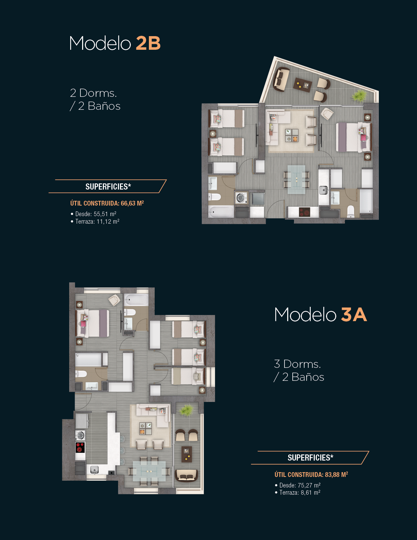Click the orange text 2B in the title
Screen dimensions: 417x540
(148, 43)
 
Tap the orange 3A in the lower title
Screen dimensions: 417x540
(354, 315)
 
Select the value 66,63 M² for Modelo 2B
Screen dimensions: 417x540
(133, 203)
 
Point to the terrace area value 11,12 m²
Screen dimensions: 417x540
(108, 221)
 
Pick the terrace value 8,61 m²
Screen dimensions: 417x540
(310, 493)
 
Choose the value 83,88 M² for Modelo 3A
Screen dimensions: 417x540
(336, 475)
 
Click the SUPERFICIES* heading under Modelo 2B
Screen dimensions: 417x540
(108, 186)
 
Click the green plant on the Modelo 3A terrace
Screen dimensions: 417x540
(186, 410)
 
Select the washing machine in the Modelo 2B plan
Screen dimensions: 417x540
(241, 198)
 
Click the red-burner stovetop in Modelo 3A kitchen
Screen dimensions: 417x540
(80, 447)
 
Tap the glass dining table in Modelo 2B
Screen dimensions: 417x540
(296, 179)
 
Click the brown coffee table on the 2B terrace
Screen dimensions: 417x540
(303, 85)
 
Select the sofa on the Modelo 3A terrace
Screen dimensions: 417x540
(186, 475)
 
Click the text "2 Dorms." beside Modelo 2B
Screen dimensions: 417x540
(93, 93)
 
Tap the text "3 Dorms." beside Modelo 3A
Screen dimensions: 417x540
(297, 364)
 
